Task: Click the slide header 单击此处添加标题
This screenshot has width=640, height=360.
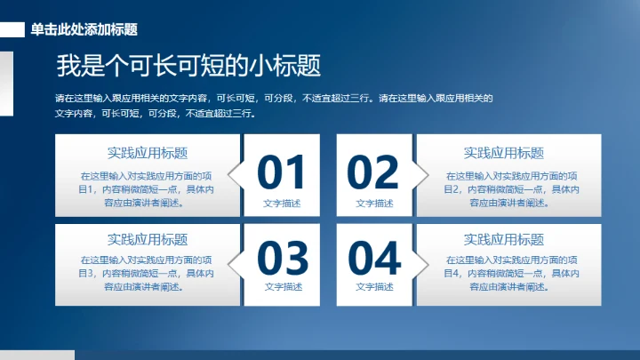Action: (84, 29)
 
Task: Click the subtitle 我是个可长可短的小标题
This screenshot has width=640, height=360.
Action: (188, 66)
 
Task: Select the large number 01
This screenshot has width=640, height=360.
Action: (282, 172)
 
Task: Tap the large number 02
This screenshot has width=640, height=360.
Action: (373, 172)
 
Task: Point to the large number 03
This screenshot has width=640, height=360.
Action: (282, 258)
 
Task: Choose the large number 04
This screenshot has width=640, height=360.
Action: (373, 258)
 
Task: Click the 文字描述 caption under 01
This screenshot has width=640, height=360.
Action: (282, 204)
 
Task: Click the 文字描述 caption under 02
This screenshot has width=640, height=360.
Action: (374, 204)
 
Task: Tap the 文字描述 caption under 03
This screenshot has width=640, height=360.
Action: (283, 287)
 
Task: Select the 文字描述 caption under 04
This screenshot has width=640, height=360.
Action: (374, 287)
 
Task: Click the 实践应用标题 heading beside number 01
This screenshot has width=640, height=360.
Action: (148, 153)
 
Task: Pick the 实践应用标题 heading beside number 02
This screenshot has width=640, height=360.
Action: (504, 153)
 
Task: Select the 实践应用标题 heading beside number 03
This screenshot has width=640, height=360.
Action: (148, 238)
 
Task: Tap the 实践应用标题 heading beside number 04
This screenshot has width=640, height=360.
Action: (504, 238)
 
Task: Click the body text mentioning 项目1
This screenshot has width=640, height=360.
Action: (148, 188)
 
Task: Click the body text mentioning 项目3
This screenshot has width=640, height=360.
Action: (148, 274)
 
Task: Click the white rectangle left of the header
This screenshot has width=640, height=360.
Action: (12, 29)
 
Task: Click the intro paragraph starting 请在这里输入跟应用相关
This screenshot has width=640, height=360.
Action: (274, 106)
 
